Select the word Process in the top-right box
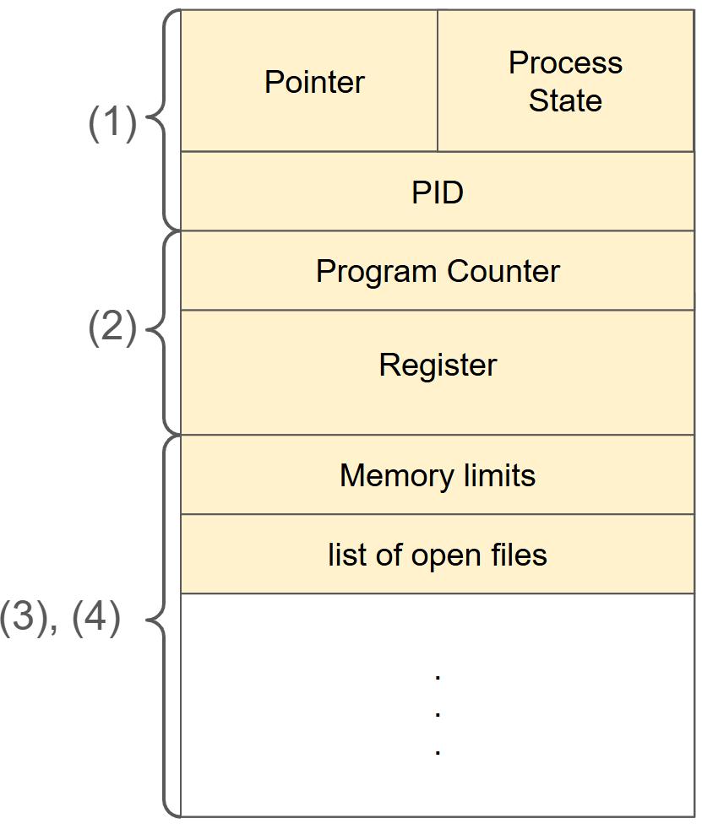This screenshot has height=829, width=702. pyautogui.click(x=565, y=63)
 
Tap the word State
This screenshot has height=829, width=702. pyautogui.click(x=565, y=100)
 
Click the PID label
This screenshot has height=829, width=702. pyautogui.click(x=438, y=192)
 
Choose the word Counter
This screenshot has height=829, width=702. pyautogui.click(x=503, y=271)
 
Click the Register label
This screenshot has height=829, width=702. pyautogui.click(x=438, y=365)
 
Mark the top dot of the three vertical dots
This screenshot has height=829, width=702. pyautogui.click(x=438, y=676)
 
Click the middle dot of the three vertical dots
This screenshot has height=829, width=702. pyautogui.click(x=438, y=713)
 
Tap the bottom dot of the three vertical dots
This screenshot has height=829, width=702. pyautogui.click(x=438, y=750)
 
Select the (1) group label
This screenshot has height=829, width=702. pyautogui.click(x=112, y=125)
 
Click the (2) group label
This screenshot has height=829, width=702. pyautogui.click(x=112, y=329)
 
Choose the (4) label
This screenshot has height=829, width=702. pyautogui.click(x=95, y=618)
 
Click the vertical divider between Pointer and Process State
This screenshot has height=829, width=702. pyautogui.click(x=438, y=81)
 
